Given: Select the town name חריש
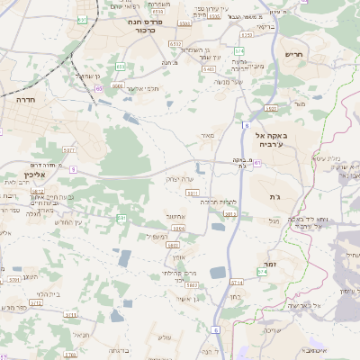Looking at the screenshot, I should pos(294,53).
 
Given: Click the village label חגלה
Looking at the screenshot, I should pos(34,214).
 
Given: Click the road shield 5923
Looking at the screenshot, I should pos(270,108).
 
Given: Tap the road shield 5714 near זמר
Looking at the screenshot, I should pos(263,270).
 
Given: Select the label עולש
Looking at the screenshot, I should pos(165,337).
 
